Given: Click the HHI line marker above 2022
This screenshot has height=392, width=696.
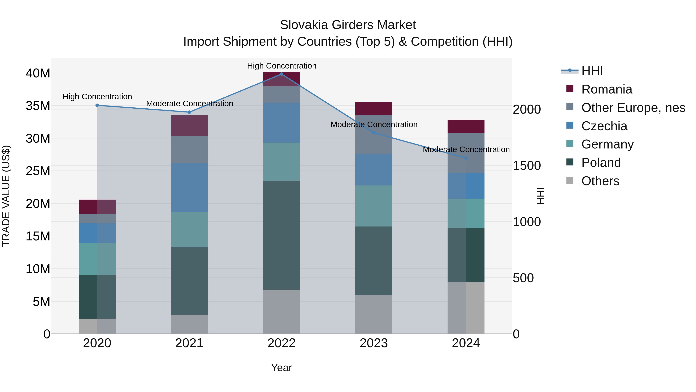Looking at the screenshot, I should click(x=281, y=74).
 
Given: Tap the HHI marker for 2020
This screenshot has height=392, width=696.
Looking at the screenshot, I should click(x=97, y=105).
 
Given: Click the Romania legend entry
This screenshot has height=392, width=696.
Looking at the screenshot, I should click(x=606, y=89).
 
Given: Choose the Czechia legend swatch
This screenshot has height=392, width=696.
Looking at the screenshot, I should click(x=570, y=125).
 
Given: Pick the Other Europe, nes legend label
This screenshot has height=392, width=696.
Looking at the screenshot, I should click(x=633, y=108).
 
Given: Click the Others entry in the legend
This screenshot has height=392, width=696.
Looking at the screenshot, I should click(x=600, y=181).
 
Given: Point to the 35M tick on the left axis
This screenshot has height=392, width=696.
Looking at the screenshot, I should click(x=38, y=106).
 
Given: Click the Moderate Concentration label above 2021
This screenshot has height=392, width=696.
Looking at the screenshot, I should click(x=189, y=104).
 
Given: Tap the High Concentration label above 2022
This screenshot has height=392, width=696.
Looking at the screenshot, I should click(x=281, y=66).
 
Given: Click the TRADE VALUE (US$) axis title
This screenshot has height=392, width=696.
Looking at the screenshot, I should click(x=6, y=196).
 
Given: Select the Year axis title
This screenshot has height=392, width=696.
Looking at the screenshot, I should click(x=281, y=368).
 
